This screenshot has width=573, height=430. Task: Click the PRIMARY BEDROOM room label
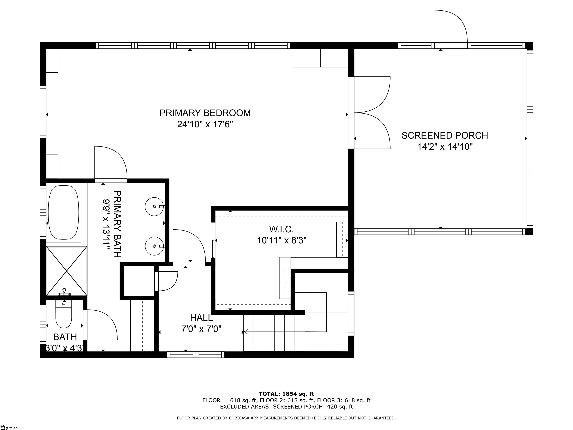point(205,113)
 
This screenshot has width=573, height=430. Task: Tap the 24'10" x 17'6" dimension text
point(205,125)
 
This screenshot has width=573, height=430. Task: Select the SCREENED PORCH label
point(444,135)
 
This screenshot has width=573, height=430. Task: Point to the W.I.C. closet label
point(281,229)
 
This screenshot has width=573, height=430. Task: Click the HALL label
point(201,317)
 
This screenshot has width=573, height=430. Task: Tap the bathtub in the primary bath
point(63,213)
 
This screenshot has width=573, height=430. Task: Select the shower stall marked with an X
point(66,271)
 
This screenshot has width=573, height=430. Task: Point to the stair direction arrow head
point(245,332)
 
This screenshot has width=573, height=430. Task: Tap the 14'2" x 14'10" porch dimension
point(444,147)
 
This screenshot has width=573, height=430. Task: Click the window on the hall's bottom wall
point(196,355)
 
